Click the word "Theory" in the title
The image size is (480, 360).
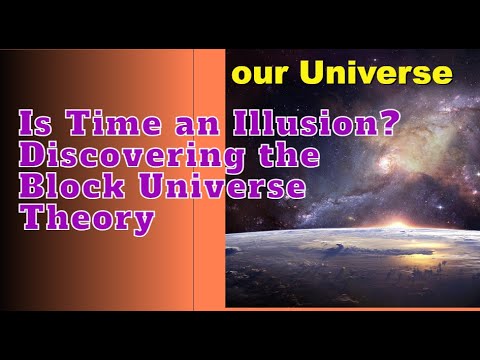(86, 218)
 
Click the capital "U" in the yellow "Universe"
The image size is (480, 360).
(314, 72)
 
